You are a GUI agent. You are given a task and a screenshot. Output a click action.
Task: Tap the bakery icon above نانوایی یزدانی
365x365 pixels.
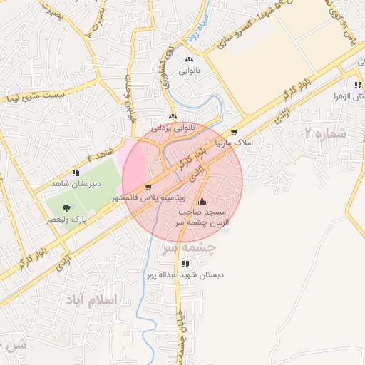tap(172, 117)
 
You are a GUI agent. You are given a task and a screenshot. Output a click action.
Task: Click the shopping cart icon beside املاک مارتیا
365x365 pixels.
tap(233, 133)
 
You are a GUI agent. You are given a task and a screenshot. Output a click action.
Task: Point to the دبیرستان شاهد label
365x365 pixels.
tap(76, 183)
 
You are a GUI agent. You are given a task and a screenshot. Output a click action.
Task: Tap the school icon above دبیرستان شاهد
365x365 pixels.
tap(76, 173)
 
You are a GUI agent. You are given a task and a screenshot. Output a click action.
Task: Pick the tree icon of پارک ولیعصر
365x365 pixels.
tap(66, 209)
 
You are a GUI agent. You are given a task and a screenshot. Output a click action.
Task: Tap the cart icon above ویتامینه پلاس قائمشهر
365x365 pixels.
tap(148, 187)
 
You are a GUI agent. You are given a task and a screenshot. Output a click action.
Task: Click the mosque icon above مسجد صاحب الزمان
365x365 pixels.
tap(202, 202)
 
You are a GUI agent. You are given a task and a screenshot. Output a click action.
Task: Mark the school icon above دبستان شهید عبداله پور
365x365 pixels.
tap(185, 264)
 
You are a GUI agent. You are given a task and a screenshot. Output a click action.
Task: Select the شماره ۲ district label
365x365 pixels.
tap(324, 133)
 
